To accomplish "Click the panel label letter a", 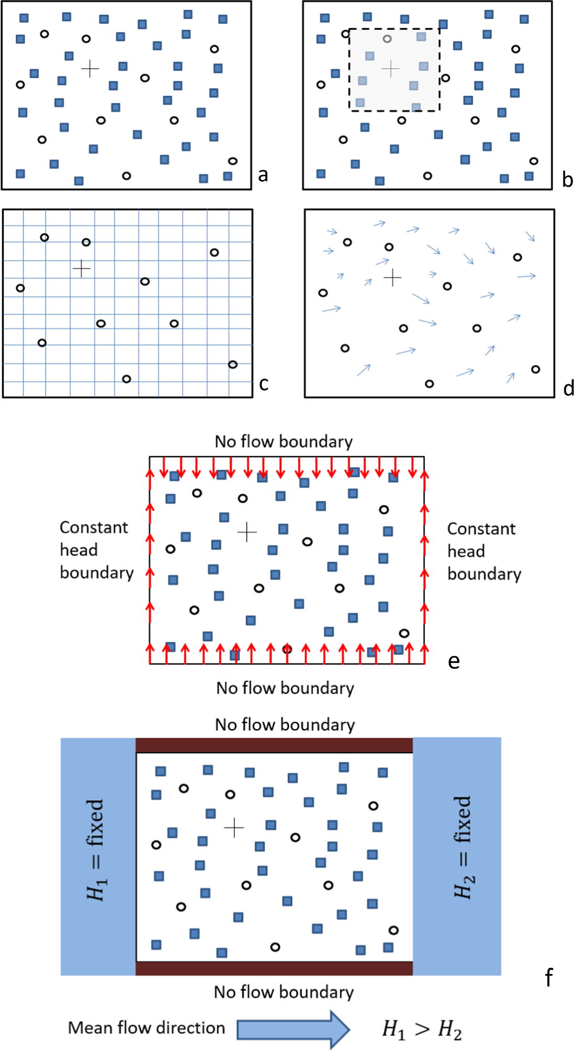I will pos(263,175).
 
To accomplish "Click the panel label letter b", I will pos(567,180).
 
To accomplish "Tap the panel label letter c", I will pos(264,384).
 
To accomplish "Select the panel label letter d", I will pos(569,388).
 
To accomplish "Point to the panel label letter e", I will pos(454,661).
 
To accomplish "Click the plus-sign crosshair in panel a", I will pos(90,69).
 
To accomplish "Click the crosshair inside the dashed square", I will pos(390,68).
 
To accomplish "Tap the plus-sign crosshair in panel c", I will pos(81,268).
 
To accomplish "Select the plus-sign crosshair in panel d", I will pos(392,278).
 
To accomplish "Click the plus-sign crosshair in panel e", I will pos(247,532).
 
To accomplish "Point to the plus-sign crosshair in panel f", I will pos(234,827).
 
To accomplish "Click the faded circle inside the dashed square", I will pos(387,39).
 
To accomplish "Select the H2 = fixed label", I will pos(463,847).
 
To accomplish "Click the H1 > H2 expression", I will pos(422,1030).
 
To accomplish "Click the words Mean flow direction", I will pos(147,1028).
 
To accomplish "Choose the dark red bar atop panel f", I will pos(274,745).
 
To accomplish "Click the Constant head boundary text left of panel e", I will pos(96,550).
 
